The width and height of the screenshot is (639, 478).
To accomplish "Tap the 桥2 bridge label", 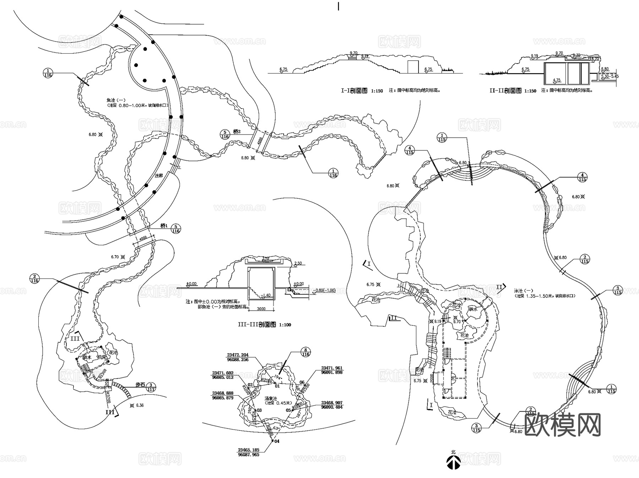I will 237,132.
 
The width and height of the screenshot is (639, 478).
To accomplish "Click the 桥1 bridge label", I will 164,226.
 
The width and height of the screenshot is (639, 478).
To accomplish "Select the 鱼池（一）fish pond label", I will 116,100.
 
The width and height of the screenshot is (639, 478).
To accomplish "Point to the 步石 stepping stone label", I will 140,384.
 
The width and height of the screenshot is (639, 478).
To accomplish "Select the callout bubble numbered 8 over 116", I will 306,352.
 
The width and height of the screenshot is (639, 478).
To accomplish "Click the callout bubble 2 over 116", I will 34,279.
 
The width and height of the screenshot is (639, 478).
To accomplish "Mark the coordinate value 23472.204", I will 238,355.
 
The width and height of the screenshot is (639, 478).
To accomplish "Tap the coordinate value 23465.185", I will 248,450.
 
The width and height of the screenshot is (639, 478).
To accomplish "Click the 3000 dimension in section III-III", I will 261,309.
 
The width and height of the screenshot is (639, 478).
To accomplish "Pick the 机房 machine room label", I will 102,357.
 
